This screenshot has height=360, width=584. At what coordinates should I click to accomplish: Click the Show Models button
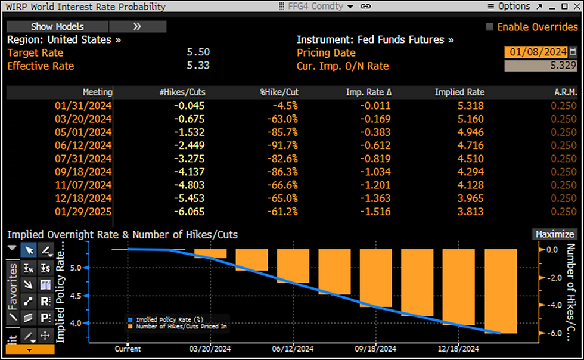tap(57, 27)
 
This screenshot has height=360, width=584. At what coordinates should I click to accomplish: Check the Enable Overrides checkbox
tap(490, 27)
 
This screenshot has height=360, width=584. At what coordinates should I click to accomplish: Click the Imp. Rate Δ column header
tap(368, 92)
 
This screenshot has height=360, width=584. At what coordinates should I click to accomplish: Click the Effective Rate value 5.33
tap(198, 66)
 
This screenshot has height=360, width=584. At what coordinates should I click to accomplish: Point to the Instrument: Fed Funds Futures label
tap(375, 39)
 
